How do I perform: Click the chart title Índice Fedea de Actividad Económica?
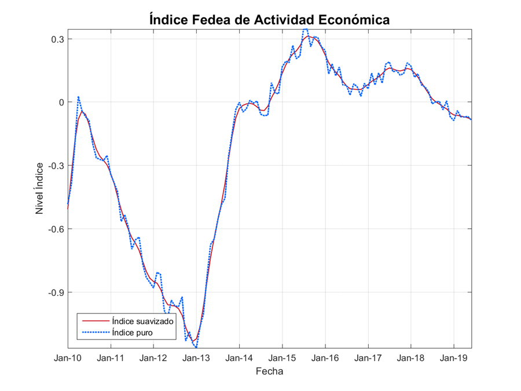[269, 19]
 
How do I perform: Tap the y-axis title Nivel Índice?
[40, 188]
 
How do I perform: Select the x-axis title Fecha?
[269, 371]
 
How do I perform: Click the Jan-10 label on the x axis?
[68, 358]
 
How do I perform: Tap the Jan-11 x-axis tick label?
[111, 358]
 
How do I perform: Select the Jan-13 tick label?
[196, 358]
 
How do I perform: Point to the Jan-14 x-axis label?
[239, 358]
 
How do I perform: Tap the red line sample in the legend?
[95, 320]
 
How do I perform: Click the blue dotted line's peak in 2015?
[306, 29]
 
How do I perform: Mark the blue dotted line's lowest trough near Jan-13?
[196, 347]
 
